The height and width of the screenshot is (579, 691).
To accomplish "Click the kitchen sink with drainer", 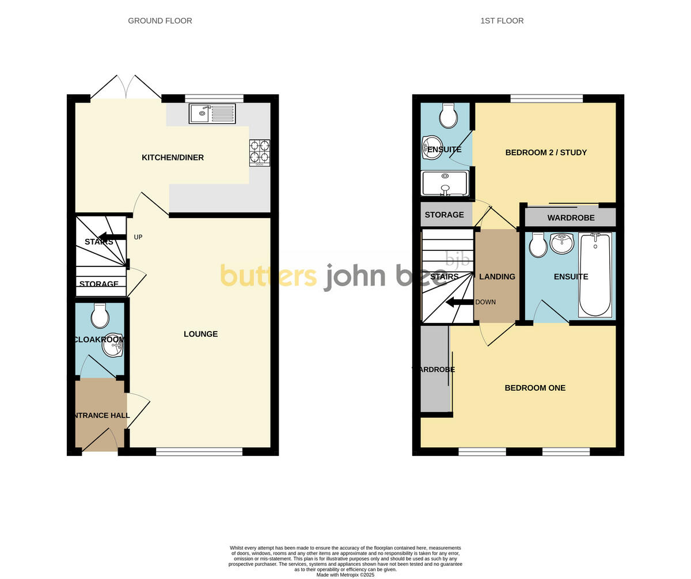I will tap(212, 113).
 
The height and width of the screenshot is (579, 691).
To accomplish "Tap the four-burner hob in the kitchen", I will tap(259, 153).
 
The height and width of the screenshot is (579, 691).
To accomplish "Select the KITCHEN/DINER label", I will tap(173, 158).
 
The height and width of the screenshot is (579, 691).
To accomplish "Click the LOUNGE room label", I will tap(200, 334).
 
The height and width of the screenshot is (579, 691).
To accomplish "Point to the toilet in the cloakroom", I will tap(100, 315).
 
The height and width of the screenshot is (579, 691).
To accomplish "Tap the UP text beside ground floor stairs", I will tap(138, 237).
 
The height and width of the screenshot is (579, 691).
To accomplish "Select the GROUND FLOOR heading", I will tap(160, 21).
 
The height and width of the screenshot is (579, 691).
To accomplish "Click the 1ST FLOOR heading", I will tap(502, 21).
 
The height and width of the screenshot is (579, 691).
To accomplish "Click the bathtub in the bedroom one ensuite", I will tap(595, 275).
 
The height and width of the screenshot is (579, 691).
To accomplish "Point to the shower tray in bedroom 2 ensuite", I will tap(445, 183).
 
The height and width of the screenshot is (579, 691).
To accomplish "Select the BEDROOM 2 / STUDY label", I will tap(546, 153).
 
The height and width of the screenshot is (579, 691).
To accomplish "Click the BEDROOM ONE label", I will tap(535, 388).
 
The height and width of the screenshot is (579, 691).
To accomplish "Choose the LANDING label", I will tap(497, 277).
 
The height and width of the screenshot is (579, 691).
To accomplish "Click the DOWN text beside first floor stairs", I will tap(485, 302).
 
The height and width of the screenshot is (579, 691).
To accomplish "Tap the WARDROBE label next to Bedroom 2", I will tap(571, 218).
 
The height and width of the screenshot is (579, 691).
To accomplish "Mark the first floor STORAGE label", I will tap(444, 215).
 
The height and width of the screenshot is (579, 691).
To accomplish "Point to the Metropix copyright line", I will tap(345, 574).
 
